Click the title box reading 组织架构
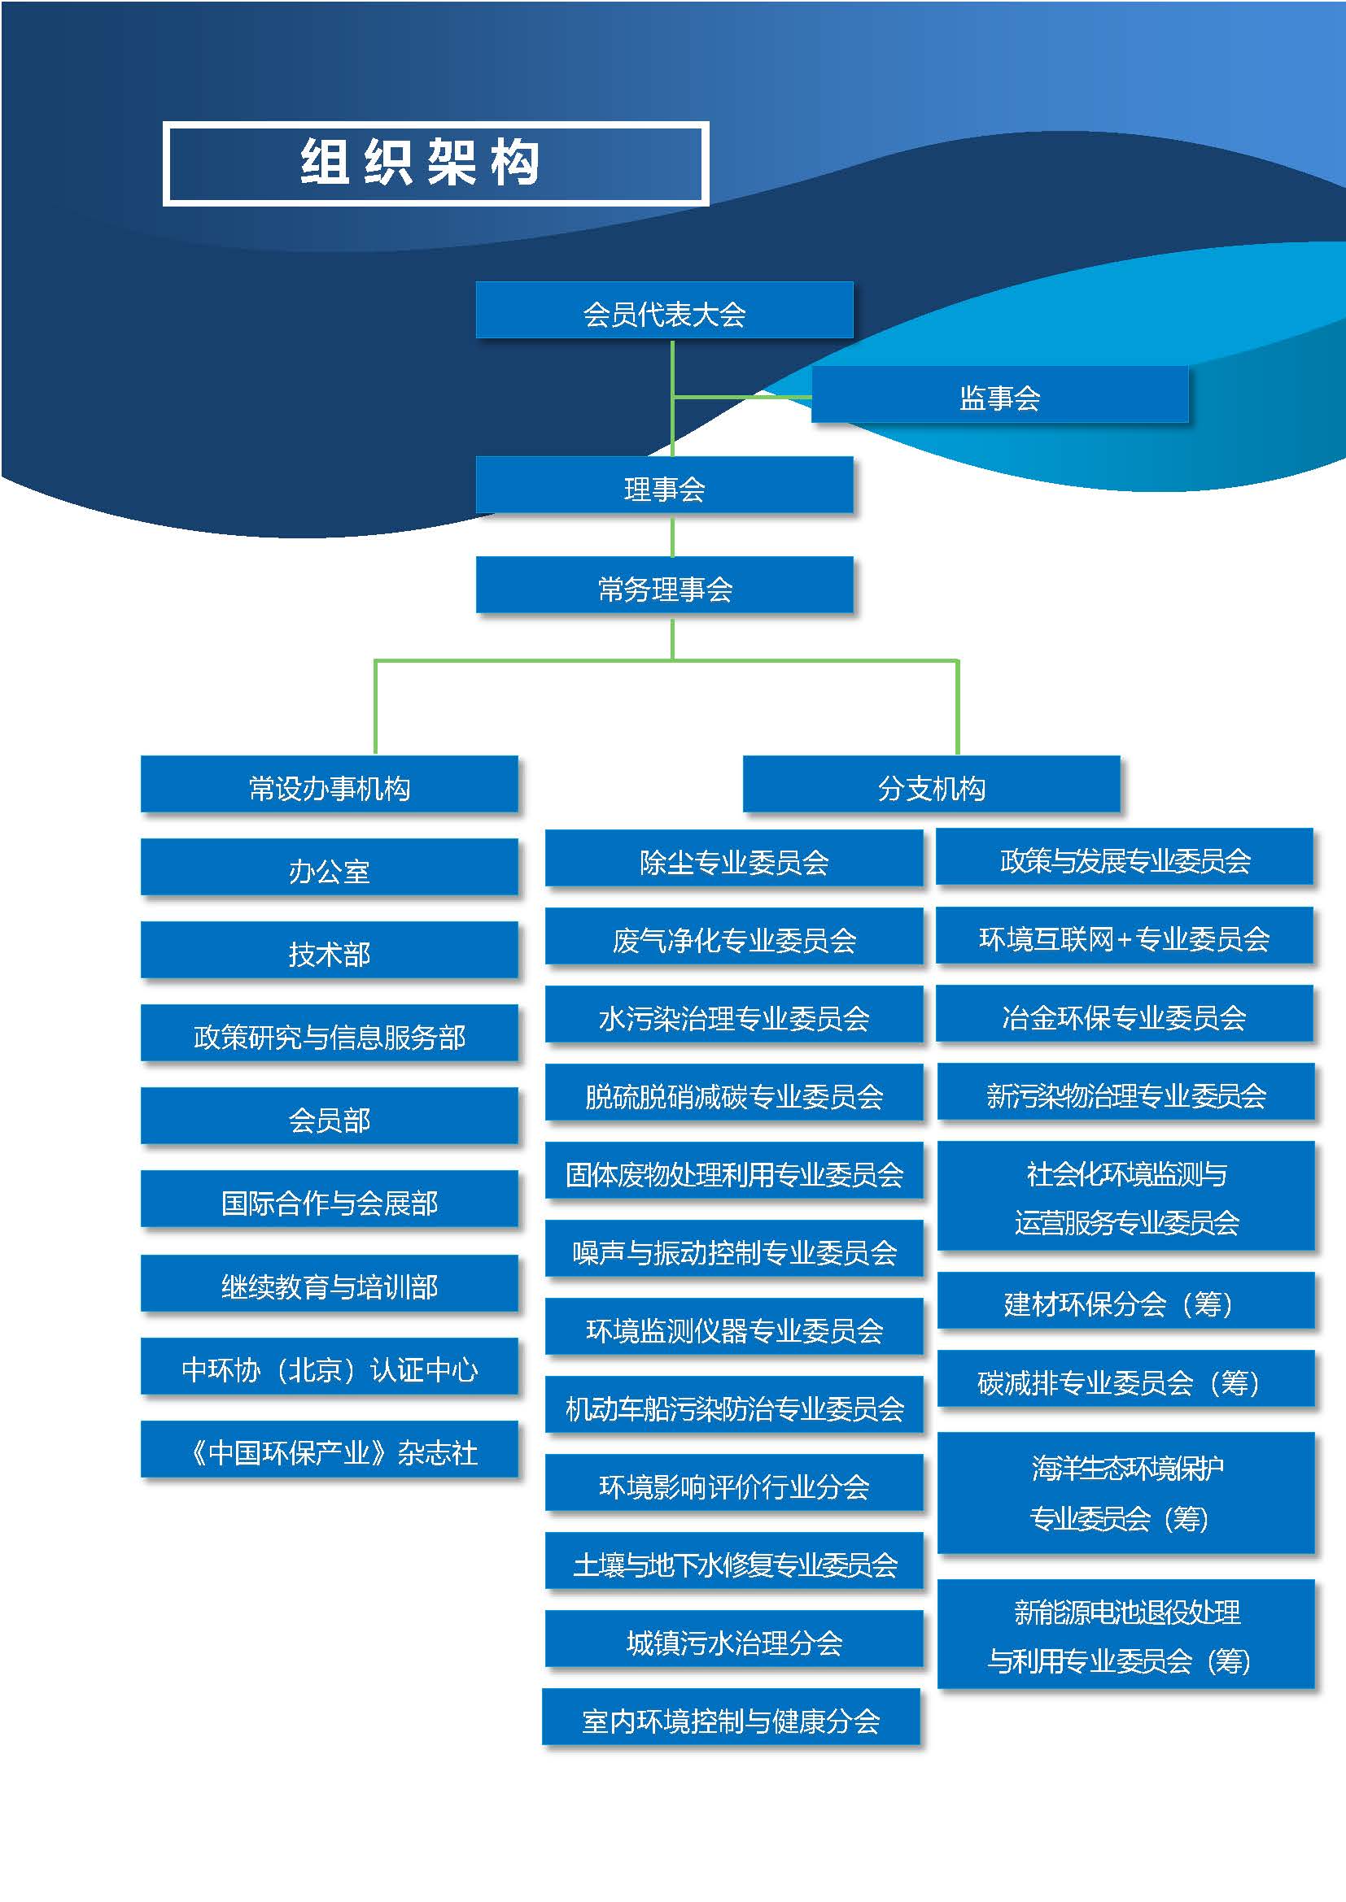[436, 163]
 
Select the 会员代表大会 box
[664, 310]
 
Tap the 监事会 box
[999, 394]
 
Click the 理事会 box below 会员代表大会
[664, 485]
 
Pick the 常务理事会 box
[664, 585]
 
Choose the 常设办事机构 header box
[329, 784]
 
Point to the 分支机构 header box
[932, 784]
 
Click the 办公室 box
[329, 867]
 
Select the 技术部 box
[329, 949]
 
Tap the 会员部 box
[329, 1116]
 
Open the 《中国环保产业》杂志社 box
[329, 1449]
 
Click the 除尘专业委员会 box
[733, 857]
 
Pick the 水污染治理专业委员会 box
[733, 1014]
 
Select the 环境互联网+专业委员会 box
[1125, 935]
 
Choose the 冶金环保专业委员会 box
[1125, 1013]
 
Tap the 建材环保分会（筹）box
[1126, 1300]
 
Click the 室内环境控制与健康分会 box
[731, 1717]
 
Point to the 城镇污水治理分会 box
[733, 1639]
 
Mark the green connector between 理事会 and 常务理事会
[672, 535]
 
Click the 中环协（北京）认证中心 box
[329, 1366]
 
